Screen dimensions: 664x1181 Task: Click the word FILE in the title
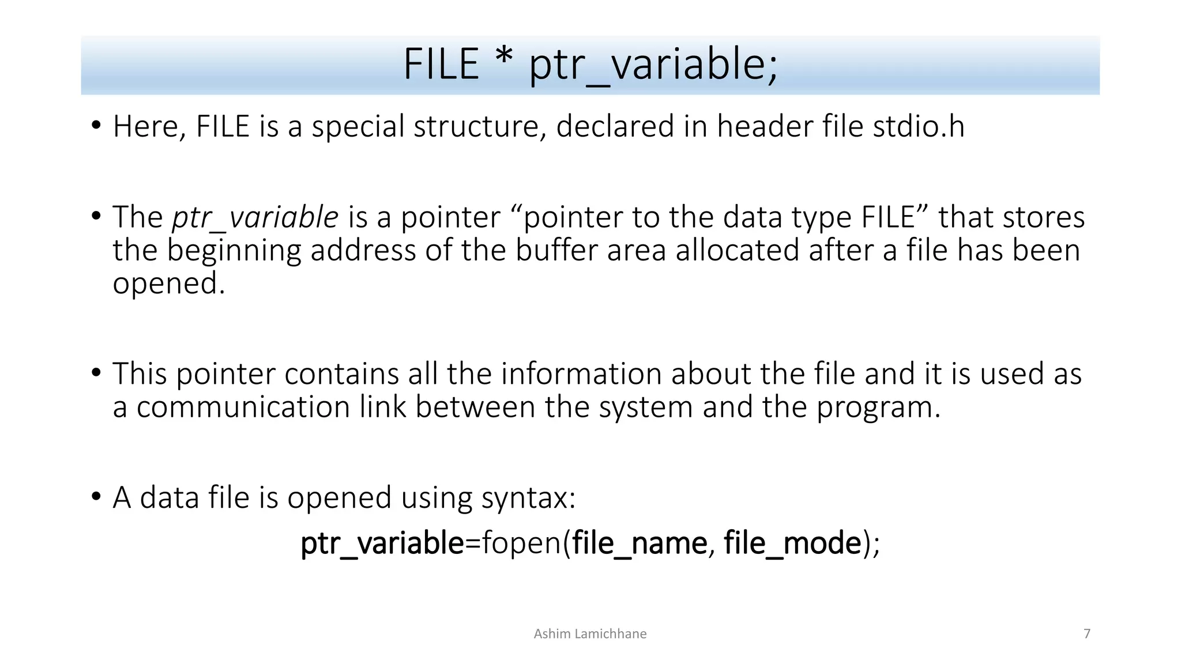click(x=441, y=64)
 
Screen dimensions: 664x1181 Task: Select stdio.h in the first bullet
click(x=919, y=126)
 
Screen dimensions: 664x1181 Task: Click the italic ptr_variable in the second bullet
click(x=255, y=218)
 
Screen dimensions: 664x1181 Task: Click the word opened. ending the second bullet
click(x=168, y=284)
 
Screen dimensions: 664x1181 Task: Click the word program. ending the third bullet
click(x=878, y=408)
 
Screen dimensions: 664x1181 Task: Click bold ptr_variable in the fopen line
click(x=382, y=544)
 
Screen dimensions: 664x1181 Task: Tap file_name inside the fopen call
click(x=640, y=544)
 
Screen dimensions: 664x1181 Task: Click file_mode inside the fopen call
click(x=792, y=544)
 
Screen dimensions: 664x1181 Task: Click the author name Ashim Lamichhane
click(x=590, y=634)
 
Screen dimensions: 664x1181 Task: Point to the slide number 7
click(x=1087, y=634)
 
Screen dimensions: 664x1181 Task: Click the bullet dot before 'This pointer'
click(x=96, y=373)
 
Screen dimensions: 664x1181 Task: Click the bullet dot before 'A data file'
click(x=96, y=497)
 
